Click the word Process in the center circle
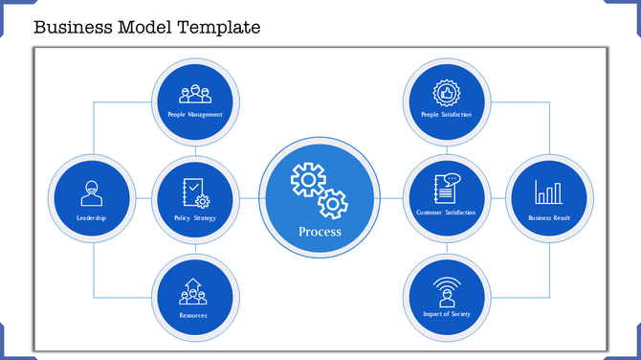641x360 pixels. (x=320, y=232)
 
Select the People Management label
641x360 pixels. (x=196, y=115)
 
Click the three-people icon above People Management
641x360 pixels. (x=196, y=94)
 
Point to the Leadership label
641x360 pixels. (x=91, y=218)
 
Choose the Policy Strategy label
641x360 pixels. (x=196, y=218)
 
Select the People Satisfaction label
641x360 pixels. (x=446, y=115)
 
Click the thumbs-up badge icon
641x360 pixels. (x=446, y=92)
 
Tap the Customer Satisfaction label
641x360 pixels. (x=446, y=213)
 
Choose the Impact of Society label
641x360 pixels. (x=446, y=314)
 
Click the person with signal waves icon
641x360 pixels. (x=446, y=290)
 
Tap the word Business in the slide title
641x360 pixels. (x=70, y=27)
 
